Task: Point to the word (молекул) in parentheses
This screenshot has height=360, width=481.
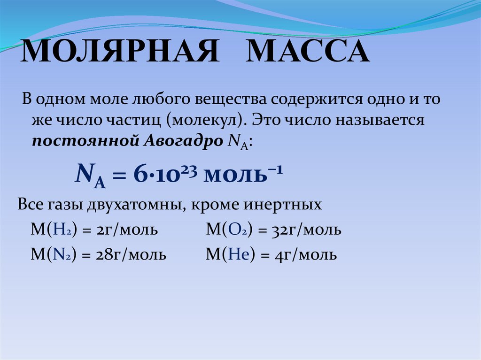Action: click(205, 121)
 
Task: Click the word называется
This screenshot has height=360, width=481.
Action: click(380, 121)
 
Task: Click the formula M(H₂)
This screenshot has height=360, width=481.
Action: click(54, 230)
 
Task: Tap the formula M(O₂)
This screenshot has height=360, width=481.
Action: click(230, 230)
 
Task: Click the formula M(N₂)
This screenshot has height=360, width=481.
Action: click(54, 255)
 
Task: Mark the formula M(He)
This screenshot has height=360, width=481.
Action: click(230, 255)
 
